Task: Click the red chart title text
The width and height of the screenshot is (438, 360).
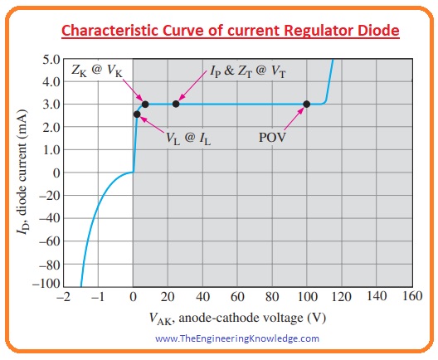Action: click(x=218, y=31)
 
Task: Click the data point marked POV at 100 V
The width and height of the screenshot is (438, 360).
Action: click(x=307, y=104)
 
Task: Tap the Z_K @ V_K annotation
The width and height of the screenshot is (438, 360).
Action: click(x=96, y=72)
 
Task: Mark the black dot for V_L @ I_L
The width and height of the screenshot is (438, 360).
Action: click(x=137, y=114)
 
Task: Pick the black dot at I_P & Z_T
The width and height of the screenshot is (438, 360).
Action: click(x=176, y=104)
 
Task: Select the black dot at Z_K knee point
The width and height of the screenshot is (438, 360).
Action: click(x=145, y=104)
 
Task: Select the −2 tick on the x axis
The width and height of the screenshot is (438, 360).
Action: click(x=63, y=296)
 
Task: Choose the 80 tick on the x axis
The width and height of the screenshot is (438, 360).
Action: click(x=272, y=296)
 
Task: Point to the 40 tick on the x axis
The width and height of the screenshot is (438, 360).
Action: click(x=202, y=296)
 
